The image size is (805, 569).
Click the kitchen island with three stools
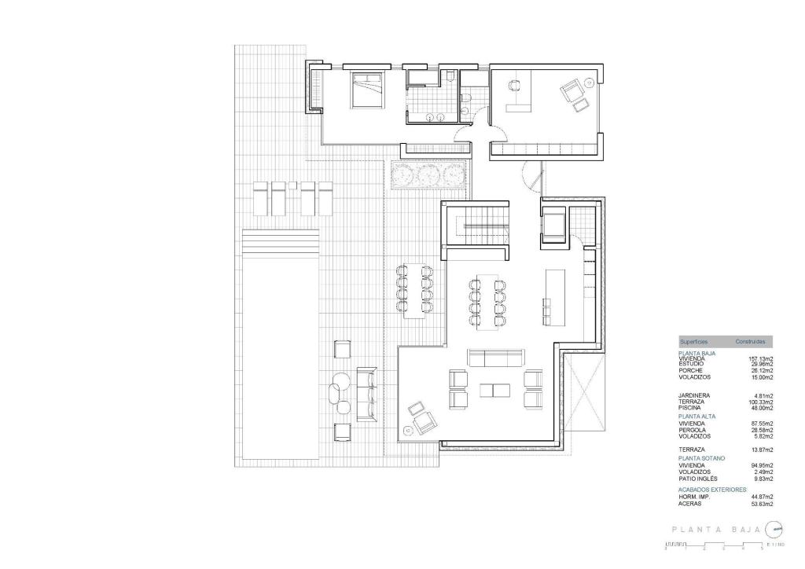(x=554, y=298)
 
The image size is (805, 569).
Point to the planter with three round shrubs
(x=428, y=174)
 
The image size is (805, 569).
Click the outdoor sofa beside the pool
(x=367, y=392)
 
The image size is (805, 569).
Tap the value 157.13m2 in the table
(x=760, y=359)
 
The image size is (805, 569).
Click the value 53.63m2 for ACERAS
(x=762, y=503)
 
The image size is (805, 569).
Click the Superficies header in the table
(x=693, y=342)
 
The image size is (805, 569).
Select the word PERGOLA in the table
(x=692, y=430)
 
